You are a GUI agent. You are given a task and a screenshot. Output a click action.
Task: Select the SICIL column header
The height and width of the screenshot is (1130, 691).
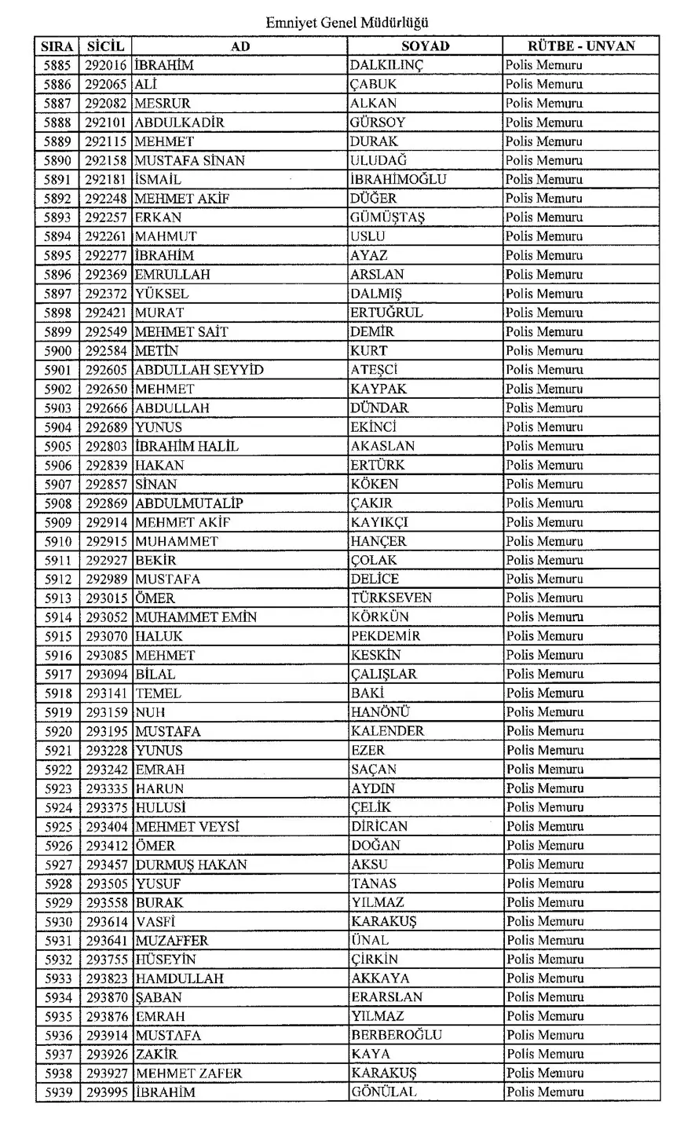click(x=106, y=46)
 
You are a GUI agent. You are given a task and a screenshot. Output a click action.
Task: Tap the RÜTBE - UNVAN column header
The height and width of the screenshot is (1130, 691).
click(x=580, y=46)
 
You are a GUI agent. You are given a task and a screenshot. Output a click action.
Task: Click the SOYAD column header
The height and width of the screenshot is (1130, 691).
click(x=425, y=46)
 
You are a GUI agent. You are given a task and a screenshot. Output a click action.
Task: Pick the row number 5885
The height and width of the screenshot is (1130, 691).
click(x=58, y=65)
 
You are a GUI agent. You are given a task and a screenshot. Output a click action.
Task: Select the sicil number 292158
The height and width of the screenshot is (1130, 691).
click(x=106, y=160)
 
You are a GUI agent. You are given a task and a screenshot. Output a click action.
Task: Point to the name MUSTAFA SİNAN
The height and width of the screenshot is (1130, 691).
click(x=190, y=160)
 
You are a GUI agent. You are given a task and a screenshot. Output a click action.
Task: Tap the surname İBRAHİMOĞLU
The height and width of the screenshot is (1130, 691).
click(x=398, y=179)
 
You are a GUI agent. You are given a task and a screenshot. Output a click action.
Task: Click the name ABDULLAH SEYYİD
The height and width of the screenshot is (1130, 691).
click(x=199, y=370)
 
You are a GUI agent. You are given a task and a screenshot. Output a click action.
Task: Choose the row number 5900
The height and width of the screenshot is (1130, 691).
click(x=58, y=351)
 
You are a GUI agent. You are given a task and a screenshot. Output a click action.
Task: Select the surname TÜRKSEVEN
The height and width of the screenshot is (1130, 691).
click(x=391, y=598)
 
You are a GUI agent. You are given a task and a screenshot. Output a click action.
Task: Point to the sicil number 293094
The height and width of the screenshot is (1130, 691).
click(x=106, y=674)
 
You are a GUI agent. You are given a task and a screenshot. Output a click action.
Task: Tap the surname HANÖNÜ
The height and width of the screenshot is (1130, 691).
click(x=380, y=712)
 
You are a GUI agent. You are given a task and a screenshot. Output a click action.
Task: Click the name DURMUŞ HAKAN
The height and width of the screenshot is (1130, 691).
click(x=192, y=865)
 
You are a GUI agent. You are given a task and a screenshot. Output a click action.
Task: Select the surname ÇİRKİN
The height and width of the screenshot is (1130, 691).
click(x=375, y=960)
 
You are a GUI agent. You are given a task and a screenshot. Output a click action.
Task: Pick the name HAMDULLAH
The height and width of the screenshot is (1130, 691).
click(x=180, y=978)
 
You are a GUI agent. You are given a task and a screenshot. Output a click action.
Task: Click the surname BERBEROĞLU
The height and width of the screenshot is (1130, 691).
click(x=397, y=1035)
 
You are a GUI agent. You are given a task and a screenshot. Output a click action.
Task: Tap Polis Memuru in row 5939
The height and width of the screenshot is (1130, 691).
click(x=545, y=1092)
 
